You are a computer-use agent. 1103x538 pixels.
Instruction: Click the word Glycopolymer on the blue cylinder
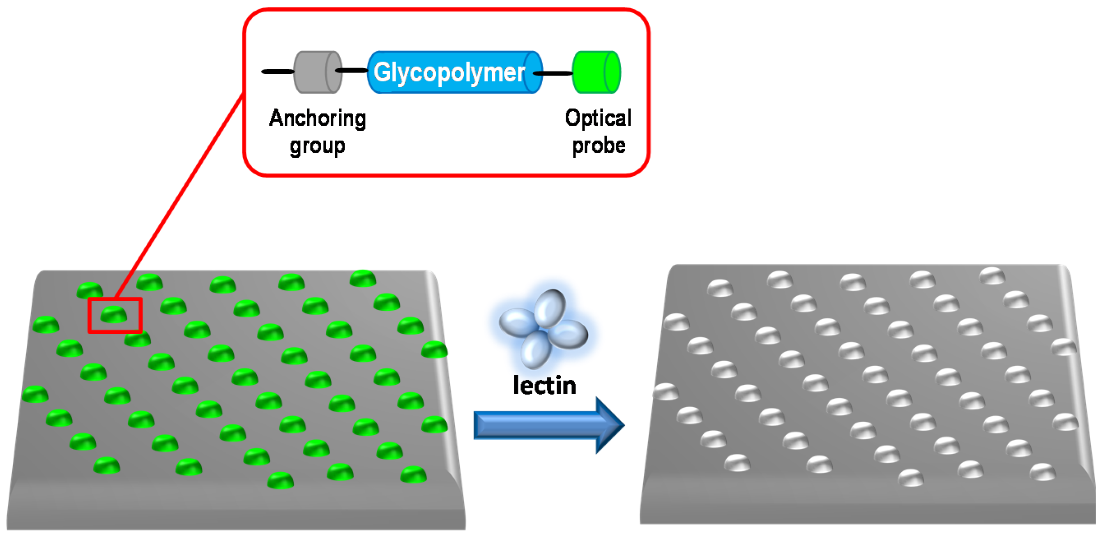pos(449,72)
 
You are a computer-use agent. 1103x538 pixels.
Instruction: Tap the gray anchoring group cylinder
pos(317,72)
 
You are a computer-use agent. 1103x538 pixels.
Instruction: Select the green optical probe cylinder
pos(595,72)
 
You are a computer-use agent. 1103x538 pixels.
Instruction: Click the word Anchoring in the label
pos(317,118)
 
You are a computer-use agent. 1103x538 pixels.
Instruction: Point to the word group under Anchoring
pos(317,146)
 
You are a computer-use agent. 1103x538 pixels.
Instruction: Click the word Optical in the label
pos(598,118)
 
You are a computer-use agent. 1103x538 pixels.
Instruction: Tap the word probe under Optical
pos(599,145)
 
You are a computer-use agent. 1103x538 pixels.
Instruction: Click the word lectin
pos(544,386)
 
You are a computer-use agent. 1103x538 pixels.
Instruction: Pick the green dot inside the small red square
pos(114,314)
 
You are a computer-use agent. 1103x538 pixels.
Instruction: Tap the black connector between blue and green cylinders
pos(555,73)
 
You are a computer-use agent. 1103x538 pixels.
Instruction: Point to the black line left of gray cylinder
pos(277,72)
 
